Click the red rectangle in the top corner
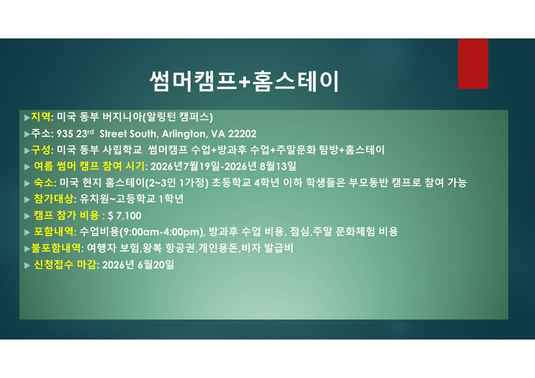[x=473, y=64]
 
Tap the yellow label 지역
[x=41, y=117]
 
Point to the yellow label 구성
[x=41, y=150]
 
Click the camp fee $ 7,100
[x=124, y=216]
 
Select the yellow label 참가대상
[x=53, y=199]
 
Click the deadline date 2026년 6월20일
[x=138, y=265]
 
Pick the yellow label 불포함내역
[x=56, y=248]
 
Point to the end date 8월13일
[x=278, y=166]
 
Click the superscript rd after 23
[x=91, y=132]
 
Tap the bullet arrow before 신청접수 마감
[x=27, y=265]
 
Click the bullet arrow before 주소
[x=27, y=134]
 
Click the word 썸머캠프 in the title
[x=193, y=81]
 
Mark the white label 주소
[x=41, y=133]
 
